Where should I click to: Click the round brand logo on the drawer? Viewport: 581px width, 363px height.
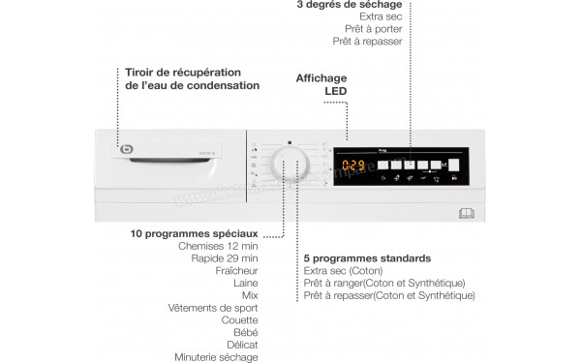(127, 148)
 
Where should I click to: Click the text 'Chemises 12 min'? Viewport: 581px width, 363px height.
(219, 246)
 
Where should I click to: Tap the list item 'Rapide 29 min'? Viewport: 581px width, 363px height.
(224, 258)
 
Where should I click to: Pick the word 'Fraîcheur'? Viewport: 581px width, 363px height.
(236, 271)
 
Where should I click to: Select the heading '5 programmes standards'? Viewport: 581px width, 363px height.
(367, 258)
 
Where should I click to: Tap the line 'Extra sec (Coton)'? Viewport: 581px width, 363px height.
(344, 271)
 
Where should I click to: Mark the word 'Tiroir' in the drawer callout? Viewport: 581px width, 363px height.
(143, 72)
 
